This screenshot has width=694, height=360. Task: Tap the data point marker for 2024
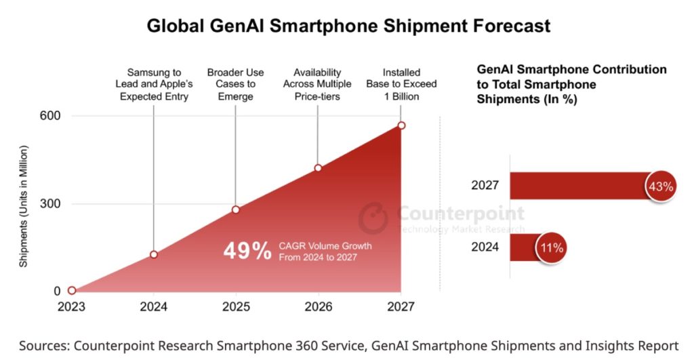(x=154, y=254)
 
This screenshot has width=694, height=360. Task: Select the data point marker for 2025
(x=236, y=209)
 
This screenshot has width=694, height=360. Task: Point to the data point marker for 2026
(x=318, y=168)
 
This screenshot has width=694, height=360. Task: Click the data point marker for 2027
(x=401, y=125)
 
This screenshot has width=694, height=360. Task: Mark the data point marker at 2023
(x=72, y=290)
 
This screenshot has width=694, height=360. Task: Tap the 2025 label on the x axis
(x=236, y=306)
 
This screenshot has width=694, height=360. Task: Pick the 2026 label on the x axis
(x=319, y=306)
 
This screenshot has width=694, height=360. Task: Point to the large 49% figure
(x=247, y=251)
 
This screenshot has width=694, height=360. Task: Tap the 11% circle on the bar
(x=550, y=247)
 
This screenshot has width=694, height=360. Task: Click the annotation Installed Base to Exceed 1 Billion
(x=401, y=84)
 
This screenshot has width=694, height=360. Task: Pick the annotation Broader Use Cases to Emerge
(x=235, y=84)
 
